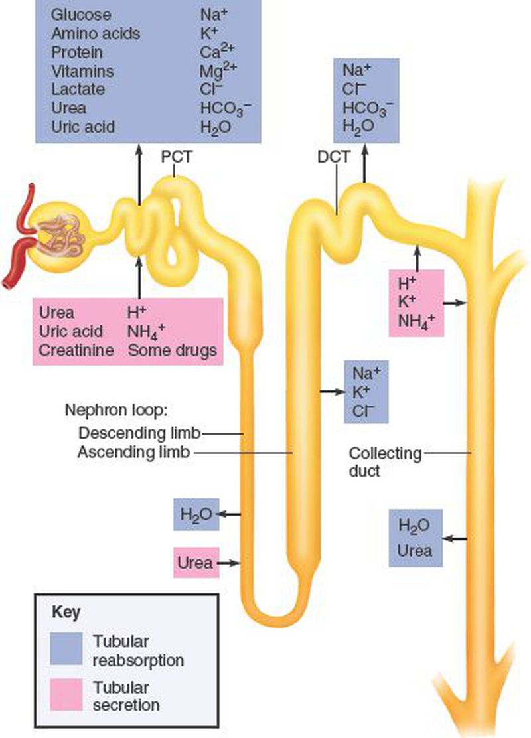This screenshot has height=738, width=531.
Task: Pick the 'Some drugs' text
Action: tap(172, 349)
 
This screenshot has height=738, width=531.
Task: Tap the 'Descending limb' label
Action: tap(139, 433)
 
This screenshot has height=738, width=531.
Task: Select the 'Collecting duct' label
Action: tap(385, 462)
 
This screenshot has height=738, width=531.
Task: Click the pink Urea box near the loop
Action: tap(194, 563)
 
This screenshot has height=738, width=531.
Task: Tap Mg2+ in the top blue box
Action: tap(216, 70)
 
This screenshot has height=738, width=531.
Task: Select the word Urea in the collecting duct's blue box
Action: tap(415, 550)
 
